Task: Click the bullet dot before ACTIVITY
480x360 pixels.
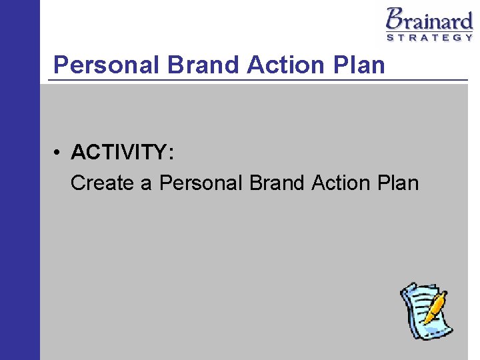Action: [59, 153]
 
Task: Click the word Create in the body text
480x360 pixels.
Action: [102, 183]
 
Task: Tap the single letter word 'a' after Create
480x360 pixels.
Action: [146, 184]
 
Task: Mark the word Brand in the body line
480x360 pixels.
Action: [277, 183]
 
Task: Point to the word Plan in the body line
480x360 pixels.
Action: [398, 183]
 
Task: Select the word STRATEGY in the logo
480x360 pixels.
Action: [430, 37]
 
